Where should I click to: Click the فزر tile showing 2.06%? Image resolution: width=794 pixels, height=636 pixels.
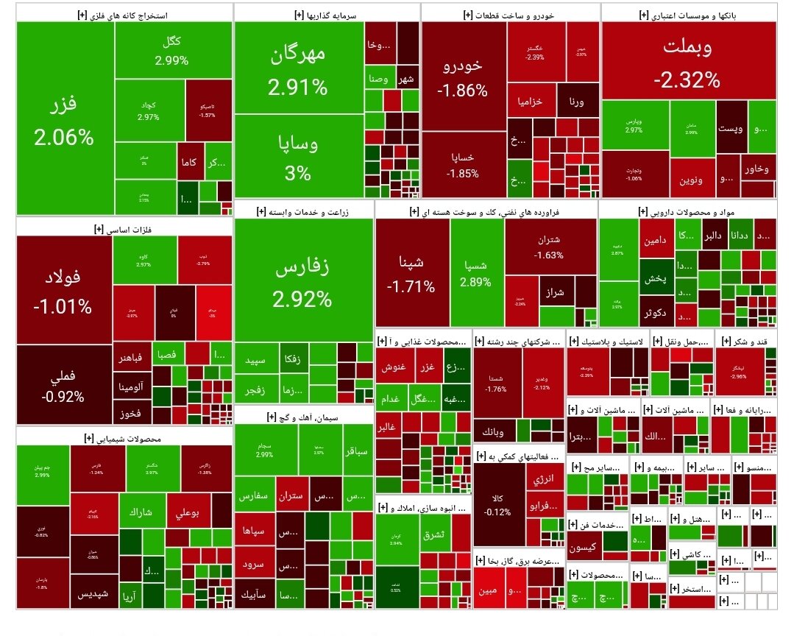tap(65, 118)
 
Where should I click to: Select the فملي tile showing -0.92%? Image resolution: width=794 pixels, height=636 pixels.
tap(63, 385)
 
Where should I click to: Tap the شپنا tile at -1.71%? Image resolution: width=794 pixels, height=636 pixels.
tap(411, 272)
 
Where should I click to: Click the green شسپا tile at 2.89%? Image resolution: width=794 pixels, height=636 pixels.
tap(476, 272)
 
